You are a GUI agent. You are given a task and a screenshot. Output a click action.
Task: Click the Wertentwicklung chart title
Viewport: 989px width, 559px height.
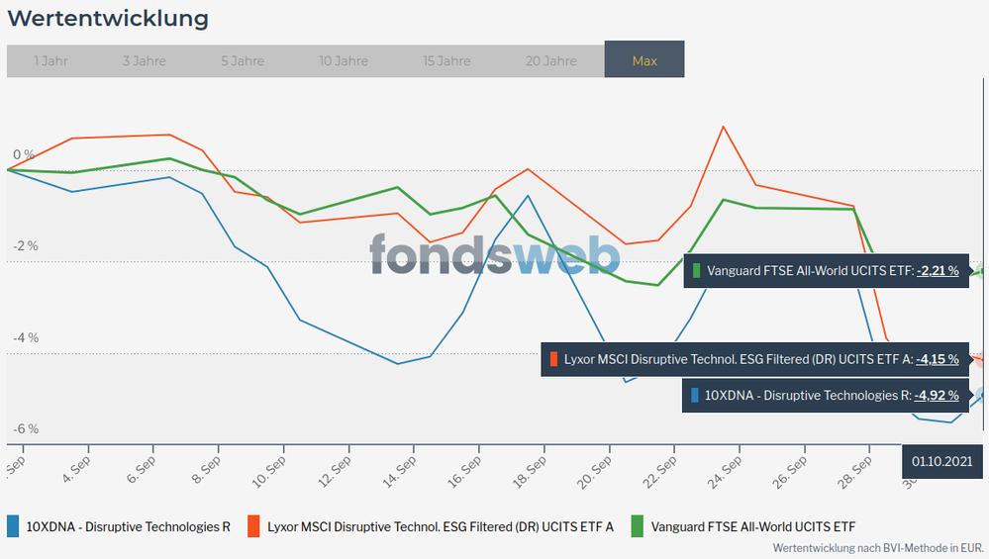108,19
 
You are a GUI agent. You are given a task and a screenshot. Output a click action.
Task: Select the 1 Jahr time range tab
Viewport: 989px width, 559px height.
50,60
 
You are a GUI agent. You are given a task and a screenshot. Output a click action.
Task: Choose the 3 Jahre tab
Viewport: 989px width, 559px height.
145,60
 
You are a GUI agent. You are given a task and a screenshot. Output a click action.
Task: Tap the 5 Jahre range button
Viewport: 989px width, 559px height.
243,60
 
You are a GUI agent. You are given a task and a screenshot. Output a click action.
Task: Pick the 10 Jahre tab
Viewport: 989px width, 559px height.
344,60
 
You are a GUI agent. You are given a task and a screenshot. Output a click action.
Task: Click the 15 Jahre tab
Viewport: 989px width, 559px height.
446,60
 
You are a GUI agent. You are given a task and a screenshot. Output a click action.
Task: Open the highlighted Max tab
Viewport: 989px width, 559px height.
644,60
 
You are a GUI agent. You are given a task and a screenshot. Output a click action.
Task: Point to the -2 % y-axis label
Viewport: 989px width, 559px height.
25,246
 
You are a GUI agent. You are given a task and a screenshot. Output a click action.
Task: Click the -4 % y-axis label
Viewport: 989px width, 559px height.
25,337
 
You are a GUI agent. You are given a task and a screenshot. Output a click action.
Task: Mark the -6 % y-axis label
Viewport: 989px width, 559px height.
25,429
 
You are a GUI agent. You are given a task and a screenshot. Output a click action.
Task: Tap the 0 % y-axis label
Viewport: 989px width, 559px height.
24,154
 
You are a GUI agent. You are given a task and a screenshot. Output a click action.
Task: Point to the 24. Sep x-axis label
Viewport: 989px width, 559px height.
726,470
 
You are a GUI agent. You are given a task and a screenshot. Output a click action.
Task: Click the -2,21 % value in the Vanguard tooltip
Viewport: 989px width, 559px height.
937,270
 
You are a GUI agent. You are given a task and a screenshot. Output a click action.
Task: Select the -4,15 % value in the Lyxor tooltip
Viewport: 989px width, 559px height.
937,359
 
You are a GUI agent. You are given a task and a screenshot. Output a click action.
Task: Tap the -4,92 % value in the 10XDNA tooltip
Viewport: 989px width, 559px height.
937,396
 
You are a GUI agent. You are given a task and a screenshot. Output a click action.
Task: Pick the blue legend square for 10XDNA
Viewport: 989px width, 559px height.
13,526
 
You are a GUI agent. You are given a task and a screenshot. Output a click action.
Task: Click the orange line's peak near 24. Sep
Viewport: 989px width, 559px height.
724,127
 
